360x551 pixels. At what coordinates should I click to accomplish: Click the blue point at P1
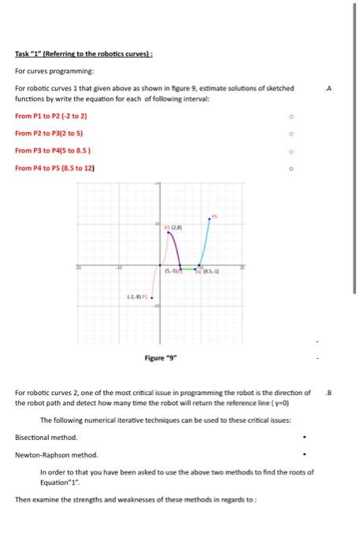click(x=152, y=298)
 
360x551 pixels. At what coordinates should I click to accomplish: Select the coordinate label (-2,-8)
click(x=135, y=298)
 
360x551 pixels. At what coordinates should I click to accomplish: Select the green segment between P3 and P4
click(x=190, y=268)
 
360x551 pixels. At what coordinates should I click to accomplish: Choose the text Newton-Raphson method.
click(x=57, y=455)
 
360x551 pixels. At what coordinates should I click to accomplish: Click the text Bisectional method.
click(x=46, y=436)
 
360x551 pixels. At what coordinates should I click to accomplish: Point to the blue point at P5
click(x=209, y=219)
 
